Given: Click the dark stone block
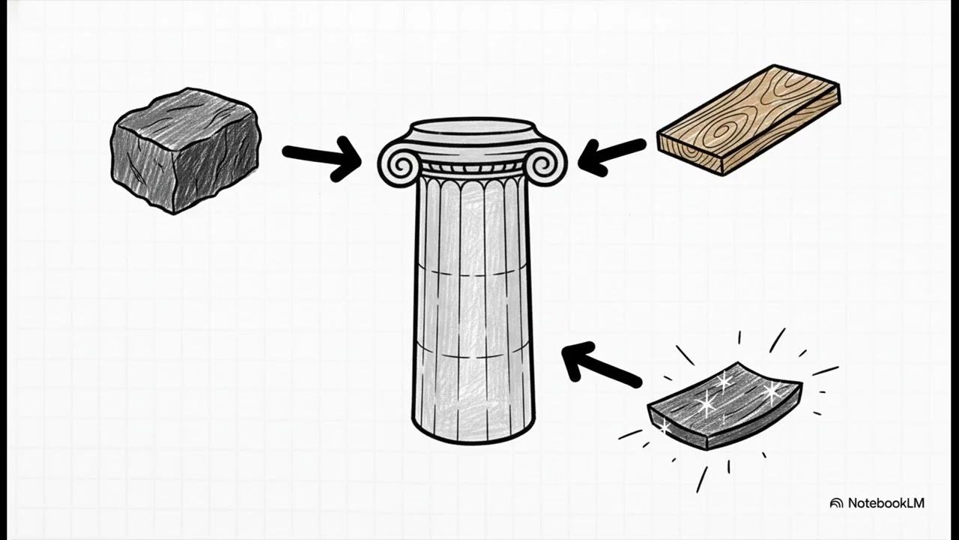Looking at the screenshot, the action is coord(185,151).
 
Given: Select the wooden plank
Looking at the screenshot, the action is coord(748,120).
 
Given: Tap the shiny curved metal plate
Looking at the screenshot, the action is coord(724,406).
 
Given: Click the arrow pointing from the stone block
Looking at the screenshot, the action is coord(322,158).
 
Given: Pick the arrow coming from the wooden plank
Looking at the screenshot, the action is coord(611,157).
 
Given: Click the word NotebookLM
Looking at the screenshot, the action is coord(886,502).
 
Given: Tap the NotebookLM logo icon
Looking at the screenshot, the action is coord(836,503).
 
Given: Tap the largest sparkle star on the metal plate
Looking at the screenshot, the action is coord(771,391).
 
